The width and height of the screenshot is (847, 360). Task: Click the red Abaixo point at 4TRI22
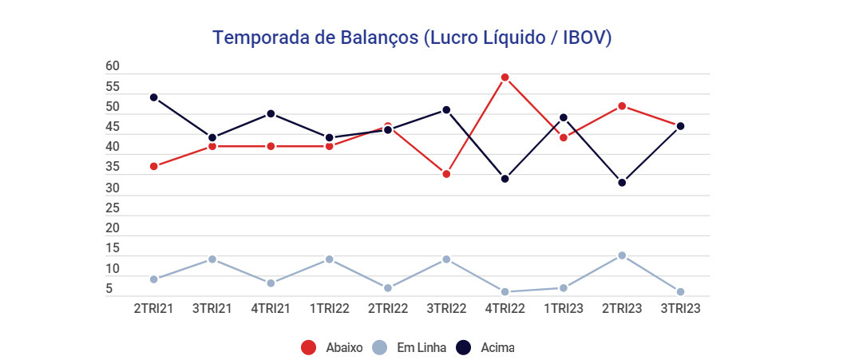(505, 77)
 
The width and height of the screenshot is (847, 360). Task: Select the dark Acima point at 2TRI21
(154, 97)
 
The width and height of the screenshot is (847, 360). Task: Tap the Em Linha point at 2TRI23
(622, 255)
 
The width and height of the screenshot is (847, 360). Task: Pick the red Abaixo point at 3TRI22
(447, 174)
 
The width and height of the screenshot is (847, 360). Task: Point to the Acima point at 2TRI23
(622, 183)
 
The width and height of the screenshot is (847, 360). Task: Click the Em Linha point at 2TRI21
(154, 279)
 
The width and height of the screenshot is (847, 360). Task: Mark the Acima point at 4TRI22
(505, 179)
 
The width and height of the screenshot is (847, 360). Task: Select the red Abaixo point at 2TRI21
(154, 166)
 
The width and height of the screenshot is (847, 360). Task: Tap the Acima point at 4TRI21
(271, 113)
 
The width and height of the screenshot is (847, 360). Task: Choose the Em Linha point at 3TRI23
(681, 292)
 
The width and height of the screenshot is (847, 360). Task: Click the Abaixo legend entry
(331, 347)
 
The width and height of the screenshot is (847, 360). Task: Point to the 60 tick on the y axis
(113, 66)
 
